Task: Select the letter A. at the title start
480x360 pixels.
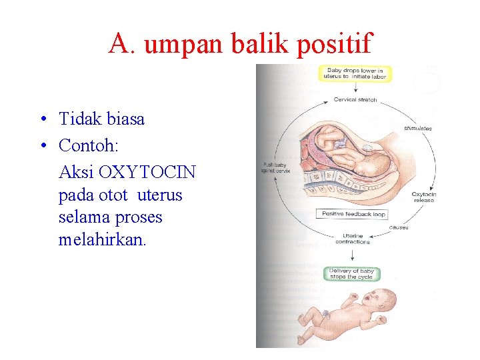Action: pos(123,44)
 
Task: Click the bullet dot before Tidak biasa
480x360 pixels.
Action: pos(42,120)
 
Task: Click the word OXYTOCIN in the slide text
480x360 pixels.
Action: pos(147,172)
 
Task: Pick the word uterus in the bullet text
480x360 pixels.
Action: pos(159,195)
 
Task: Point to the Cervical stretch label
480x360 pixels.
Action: pos(355,100)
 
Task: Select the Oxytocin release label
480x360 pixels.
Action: pos(423,197)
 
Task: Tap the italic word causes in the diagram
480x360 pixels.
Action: pos(399,227)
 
